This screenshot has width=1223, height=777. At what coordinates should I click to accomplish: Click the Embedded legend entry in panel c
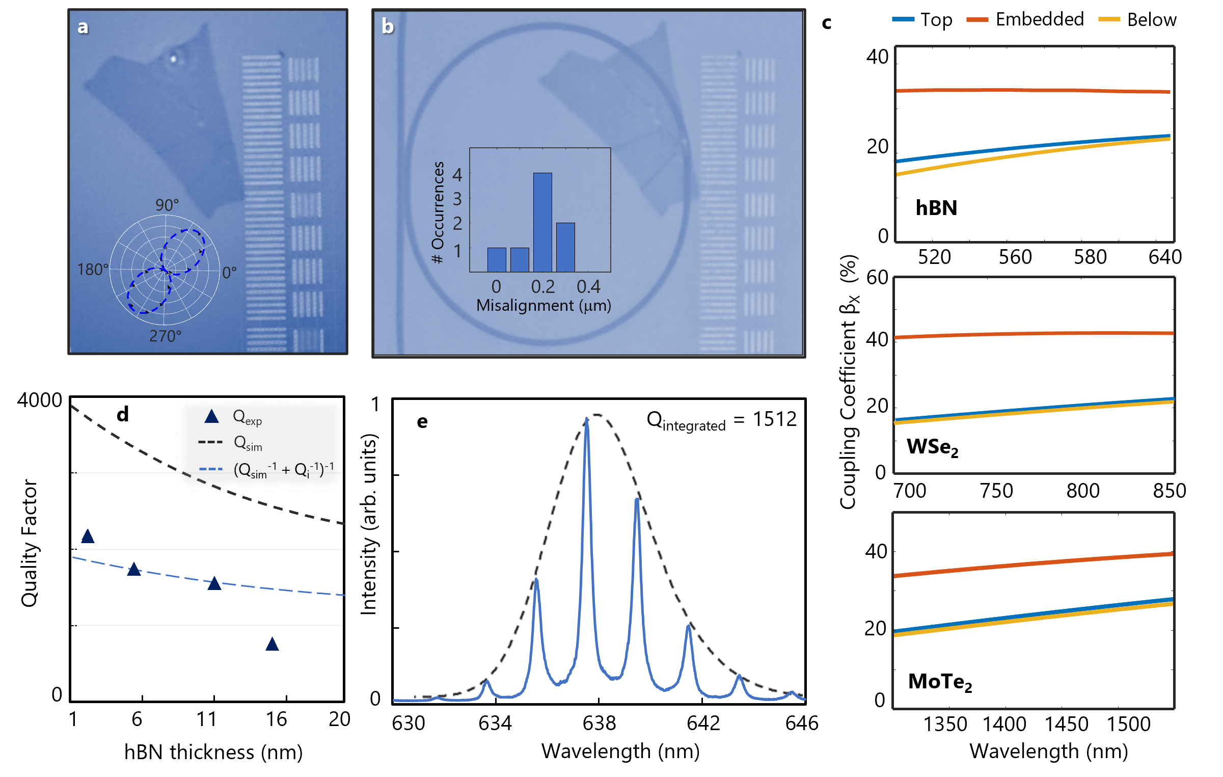[x=1039, y=20]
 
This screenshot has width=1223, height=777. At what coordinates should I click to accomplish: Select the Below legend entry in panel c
[x=1151, y=20]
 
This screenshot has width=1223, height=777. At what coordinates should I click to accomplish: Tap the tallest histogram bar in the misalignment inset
[x=542, y=222]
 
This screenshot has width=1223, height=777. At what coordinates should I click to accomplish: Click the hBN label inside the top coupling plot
[x=936, y=208]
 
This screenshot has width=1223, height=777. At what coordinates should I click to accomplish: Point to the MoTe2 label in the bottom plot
[x=940, y=682]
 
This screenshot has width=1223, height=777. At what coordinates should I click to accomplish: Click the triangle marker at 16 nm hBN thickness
[x=272, y=645]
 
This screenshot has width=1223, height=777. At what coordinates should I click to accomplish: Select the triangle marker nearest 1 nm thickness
[x=88, y=537]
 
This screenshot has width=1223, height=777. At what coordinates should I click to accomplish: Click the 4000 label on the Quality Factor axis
[x=40, y=400]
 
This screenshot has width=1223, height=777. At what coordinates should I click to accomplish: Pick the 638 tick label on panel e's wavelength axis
[x=599, y=723]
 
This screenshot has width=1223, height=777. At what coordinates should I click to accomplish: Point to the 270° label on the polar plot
[x=165, y=336]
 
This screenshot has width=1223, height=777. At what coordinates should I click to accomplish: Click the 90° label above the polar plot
[x=167, y=205]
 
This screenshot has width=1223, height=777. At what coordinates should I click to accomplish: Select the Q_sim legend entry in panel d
[x=248, y=443]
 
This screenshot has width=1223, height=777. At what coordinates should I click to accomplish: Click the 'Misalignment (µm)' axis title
[x=543, y=306]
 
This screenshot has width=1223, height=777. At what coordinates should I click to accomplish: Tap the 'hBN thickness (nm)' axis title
[x=213, y=752]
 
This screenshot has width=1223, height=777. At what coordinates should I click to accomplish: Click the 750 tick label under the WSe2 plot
[x=996, y=491]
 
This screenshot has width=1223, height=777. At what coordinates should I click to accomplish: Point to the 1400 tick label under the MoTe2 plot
[x=1004, y=724]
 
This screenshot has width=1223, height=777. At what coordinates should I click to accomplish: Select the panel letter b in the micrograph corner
[x=388, y=26]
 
